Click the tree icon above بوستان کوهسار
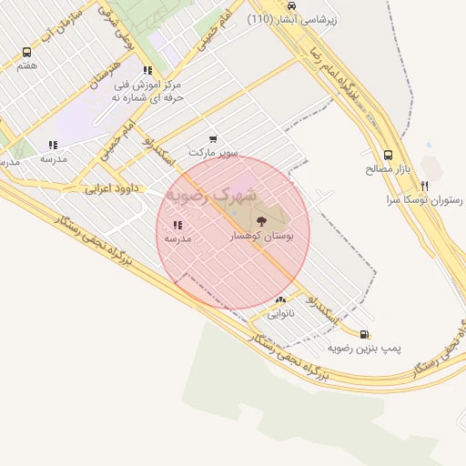[x=262, y=220]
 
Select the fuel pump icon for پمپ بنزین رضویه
[x=365, y=334]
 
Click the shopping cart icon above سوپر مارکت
[x=213, y=139]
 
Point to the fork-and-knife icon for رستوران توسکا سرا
[x=424, y=186]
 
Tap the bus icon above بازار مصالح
[x=389, y=155]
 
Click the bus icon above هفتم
[x=26, y=53]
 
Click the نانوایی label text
[x=280, y=314]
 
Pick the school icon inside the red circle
[x=177, y=224]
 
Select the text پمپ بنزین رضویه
[x=365, y=349]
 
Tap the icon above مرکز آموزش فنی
[x=147, y=69]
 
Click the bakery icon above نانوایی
[x=280, y=299]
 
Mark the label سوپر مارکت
[x=213, y=153]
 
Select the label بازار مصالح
[x=389, y=169]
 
